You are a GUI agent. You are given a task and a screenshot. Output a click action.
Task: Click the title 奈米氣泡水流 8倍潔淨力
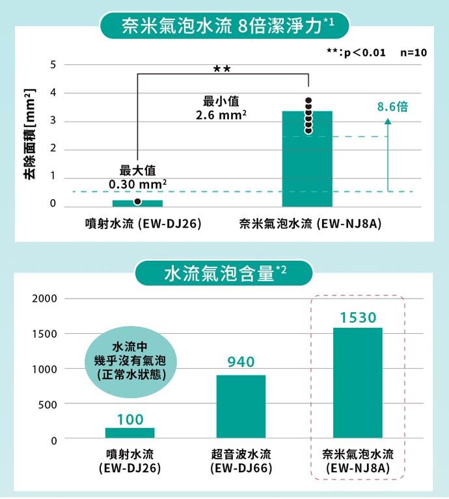(224, 26)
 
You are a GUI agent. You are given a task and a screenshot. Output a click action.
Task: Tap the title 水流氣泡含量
(224, 274)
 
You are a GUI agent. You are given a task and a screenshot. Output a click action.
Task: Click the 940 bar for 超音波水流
(241, 407)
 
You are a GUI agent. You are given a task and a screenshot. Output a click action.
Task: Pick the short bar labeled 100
(130, 433)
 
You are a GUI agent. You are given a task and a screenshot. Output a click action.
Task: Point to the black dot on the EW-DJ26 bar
(137, 202)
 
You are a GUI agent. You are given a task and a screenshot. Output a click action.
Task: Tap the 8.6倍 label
(392, 107)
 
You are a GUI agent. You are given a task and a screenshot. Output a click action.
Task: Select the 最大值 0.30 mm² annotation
(138, 177)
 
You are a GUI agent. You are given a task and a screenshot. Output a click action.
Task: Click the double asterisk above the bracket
(222, 67)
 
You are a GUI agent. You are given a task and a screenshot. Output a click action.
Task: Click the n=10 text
(413, 52)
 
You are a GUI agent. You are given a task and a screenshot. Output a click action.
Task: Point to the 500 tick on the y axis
(48, 404)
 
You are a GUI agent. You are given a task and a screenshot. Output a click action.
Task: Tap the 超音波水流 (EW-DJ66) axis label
(241, 461)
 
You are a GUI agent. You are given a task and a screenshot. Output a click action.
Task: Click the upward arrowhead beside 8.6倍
(388, 122)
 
